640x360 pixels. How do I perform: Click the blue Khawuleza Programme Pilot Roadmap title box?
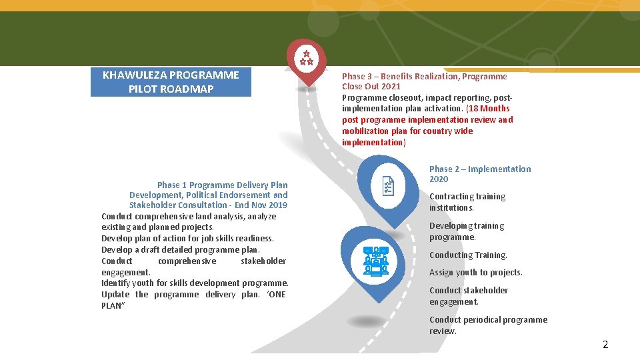[171, 82]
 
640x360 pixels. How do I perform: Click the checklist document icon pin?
[388, 187]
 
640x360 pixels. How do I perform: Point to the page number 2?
[605, 345]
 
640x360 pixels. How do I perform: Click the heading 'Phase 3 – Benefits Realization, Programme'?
[424, 77]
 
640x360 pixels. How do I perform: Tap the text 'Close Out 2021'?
[371, 87]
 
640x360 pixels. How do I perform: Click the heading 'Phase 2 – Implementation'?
[480, 169]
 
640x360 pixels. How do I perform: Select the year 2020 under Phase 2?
[439, 179]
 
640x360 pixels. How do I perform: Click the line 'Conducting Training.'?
[468, 255]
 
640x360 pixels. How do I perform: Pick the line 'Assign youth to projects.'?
[475, 273]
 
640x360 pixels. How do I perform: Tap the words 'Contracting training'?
[467, 197]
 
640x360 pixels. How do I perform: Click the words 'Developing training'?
[467, 226]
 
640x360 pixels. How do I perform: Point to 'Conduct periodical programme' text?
[488, 320]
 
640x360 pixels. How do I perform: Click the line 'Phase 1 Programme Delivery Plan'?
[223, 185]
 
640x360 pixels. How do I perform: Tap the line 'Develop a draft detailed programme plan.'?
[180, 249]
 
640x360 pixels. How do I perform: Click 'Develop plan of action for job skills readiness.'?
[187, 239]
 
